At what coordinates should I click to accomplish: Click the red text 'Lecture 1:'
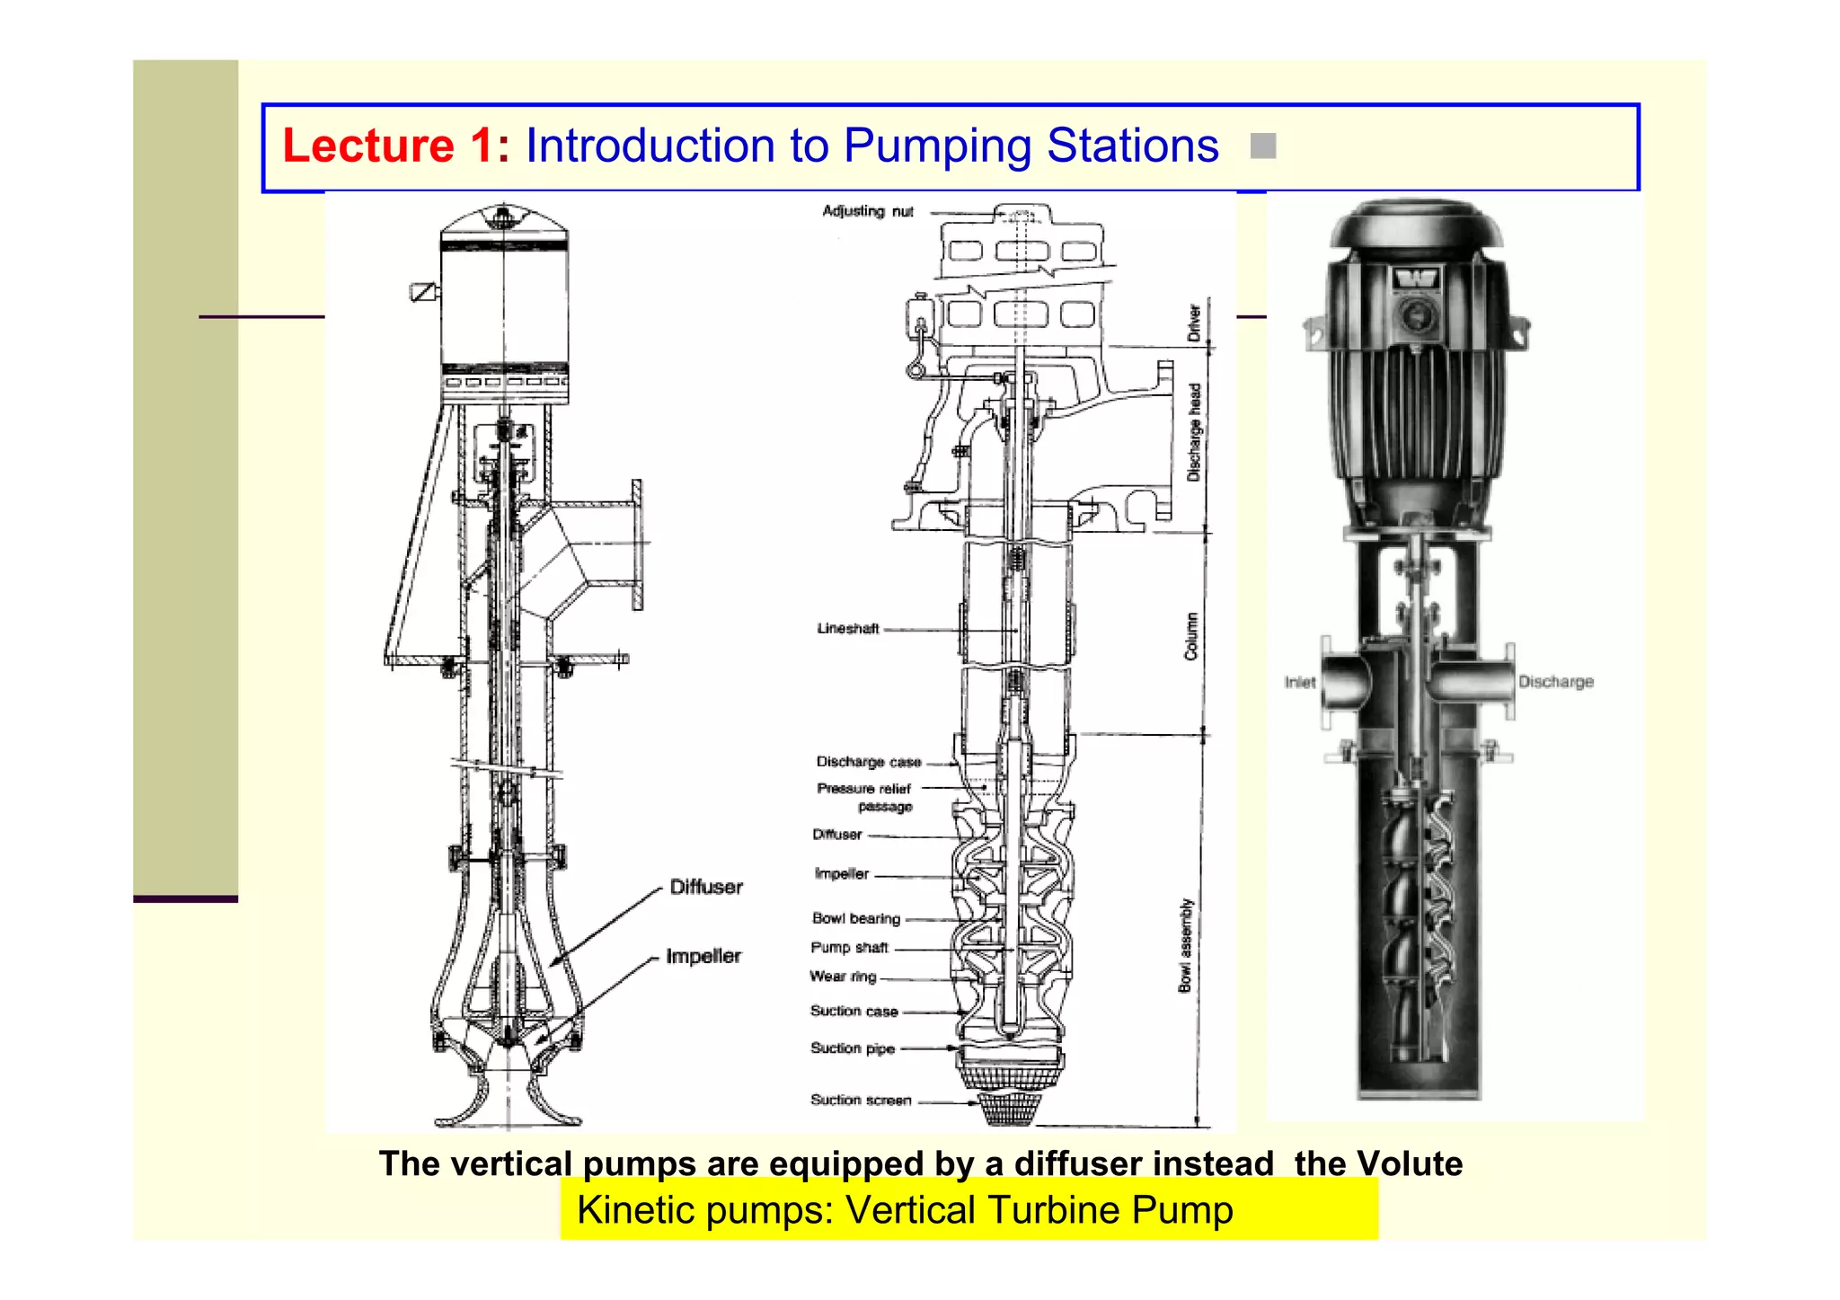pos(395,146)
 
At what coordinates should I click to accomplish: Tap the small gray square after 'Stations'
pos(1262,146)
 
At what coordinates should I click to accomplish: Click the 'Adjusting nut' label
pos(867,211)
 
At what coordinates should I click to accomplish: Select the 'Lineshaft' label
pos(847,629)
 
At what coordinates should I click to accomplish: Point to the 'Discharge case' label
pos(868,762)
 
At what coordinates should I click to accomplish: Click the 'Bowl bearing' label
pos(855,918)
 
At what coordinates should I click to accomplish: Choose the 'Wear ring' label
pos(842,977)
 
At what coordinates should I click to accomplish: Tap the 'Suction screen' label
pos(860,1100)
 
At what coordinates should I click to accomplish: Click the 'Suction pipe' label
pos(852,1048)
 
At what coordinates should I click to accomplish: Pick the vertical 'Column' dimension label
pos(1191,636)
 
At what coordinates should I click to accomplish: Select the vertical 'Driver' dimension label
pos(1194,323)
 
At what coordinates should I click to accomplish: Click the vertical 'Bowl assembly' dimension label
pos(1185,945)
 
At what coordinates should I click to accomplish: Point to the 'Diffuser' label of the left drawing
pos(706,887)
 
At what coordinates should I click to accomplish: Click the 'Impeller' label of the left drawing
pos(703,956)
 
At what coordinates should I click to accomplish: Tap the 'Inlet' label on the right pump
pos(1299,683)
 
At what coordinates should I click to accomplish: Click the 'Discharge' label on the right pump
pos(1555,682)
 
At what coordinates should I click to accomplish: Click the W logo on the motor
pos(1417,279)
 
